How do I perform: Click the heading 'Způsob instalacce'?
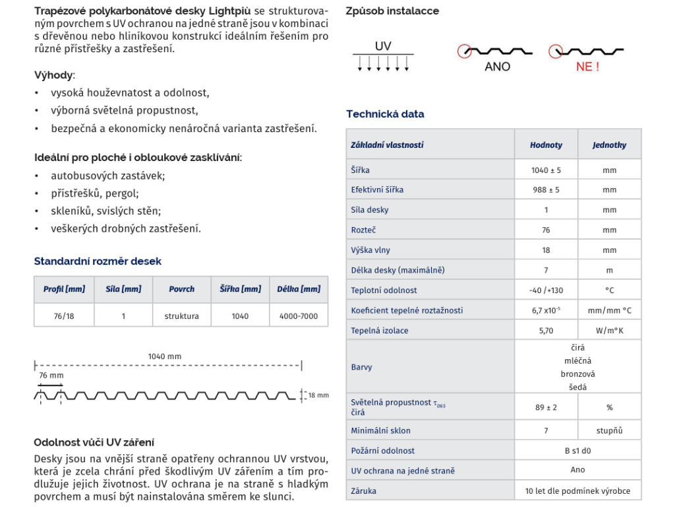392,11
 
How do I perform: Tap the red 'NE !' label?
587,67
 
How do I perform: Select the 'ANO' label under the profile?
497,67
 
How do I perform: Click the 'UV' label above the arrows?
383,46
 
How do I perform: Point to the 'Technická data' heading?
385,114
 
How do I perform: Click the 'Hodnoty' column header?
546,145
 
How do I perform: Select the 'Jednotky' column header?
609,145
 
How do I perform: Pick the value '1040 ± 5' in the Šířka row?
546,170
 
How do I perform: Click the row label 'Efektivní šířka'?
377,189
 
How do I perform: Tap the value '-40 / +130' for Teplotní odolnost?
546,290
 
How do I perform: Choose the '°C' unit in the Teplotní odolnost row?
609,290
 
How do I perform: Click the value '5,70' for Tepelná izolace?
546,330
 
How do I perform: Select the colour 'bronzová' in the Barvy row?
577,374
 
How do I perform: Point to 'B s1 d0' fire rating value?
577,450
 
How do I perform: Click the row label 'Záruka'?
364,490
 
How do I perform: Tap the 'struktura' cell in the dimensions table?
181,316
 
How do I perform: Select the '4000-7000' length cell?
299,316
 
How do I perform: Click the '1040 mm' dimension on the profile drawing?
165,356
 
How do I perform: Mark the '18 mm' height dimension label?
318,395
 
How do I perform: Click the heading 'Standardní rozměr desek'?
98,261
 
